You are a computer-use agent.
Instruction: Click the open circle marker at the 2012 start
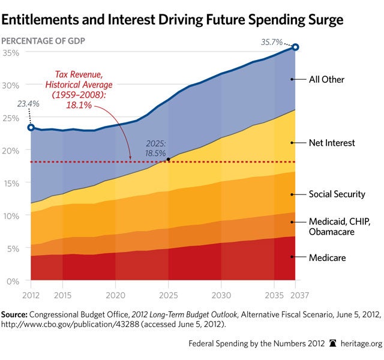pos(31,127)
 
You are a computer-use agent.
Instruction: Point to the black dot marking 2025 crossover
pos(169,159)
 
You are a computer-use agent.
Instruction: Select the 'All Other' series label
pos(326,79)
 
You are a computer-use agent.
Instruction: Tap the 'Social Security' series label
pos(337,194)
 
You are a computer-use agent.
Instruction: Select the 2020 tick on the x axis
pos(115,295)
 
